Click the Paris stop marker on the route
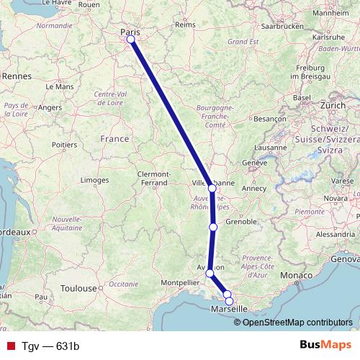coord(131,40)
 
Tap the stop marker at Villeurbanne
coord(212,188)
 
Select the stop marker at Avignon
coord(210,273)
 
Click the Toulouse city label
coord(78,289)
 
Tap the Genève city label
coord(255,163)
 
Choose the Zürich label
coord(333,105)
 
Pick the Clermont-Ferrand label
coord(153,178)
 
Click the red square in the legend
coord(10,346)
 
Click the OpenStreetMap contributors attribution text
coord(297,322)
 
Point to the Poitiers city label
coord(64,145)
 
